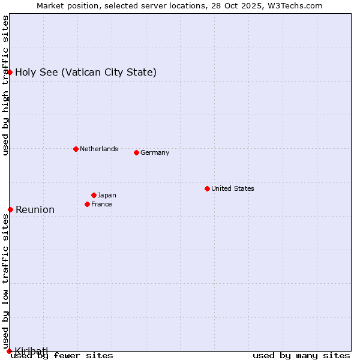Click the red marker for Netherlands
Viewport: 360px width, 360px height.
tap(76, 149)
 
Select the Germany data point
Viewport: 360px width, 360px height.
tap(136, 152)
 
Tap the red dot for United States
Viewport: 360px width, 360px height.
tap(207, 188)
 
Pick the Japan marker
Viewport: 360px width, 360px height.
tap(94, 195)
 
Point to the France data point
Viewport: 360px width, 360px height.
tap(87, 204)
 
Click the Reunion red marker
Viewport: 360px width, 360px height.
tap(10, 209)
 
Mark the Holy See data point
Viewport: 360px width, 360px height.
tap(10, 73)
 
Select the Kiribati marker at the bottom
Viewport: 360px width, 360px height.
tap(9, 350)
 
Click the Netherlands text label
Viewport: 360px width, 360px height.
tap(98, 149)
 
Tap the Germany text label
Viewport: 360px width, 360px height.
tap(155, 152)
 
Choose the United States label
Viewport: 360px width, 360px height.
tap(232, 188)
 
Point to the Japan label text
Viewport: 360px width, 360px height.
tap(107, 195)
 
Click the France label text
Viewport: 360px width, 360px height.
tap(101, 204)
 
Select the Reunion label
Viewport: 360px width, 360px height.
tap(35, 209)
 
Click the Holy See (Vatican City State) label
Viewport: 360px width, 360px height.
tap(86, 73)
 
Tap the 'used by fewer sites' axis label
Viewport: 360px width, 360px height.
tap(62, 355)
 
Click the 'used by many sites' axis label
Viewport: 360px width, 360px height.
tap(301, 355)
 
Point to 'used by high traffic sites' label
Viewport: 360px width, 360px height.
tap(6, 85)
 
